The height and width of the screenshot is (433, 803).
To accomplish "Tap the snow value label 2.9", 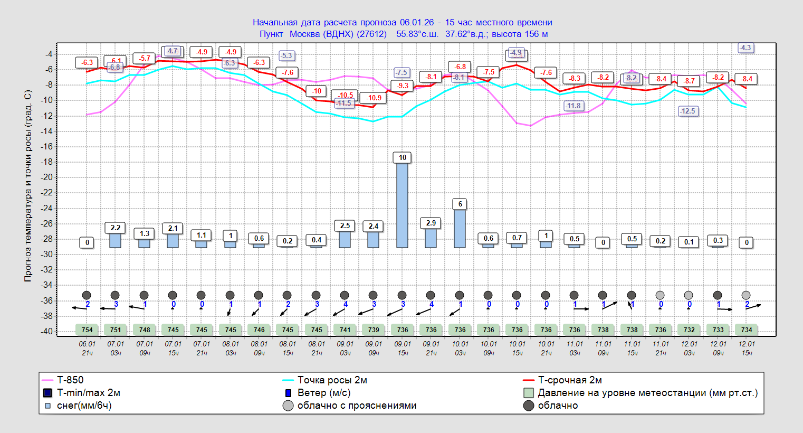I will pyautogui.click(x=431, y=223).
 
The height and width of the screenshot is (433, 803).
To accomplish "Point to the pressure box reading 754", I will pyautogui.click(x=87, y=330).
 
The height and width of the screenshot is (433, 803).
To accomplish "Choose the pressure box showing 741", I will pyautogui.click(x=345, y=330).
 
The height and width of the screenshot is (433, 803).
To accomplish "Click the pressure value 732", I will pyautogui.click(x=689, y=330).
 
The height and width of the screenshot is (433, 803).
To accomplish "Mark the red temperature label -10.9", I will pyautogui.click(x=374, y=98).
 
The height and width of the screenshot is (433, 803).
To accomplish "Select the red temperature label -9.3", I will pyautogui.click(x=403, y=86).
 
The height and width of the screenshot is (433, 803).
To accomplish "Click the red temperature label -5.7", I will pyautogui.click(x=145, y=59).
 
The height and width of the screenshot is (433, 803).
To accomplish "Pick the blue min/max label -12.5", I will pyautogui.click(x=688, y=111).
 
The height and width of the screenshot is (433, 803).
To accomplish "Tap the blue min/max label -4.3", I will pyautogui.click(x=745, y=48).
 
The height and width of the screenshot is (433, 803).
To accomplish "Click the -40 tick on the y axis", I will pyautogui.click(x=49, y=332).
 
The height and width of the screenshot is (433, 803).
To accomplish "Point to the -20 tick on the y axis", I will pyautogui.click(x=49, y=177).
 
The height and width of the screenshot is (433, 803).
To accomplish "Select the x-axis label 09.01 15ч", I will pyautogui.click(x=403, y=348).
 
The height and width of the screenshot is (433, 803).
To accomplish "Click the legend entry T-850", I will pyautogui.click(x=70, y=380).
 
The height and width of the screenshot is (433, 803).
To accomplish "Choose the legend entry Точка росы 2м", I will pyautogui.click(x=332, y=380).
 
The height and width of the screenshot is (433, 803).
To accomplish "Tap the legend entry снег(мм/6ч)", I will pyautogui.click(x=84, y=406).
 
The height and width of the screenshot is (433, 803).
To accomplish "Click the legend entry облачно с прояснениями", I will pyautogui.click(x=357, y=406).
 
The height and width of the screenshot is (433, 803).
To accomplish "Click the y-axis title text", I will pyautogui.click(x=28, y=186).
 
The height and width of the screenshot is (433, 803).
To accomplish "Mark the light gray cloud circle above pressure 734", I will pyautogui.click(x=746, y=295).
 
